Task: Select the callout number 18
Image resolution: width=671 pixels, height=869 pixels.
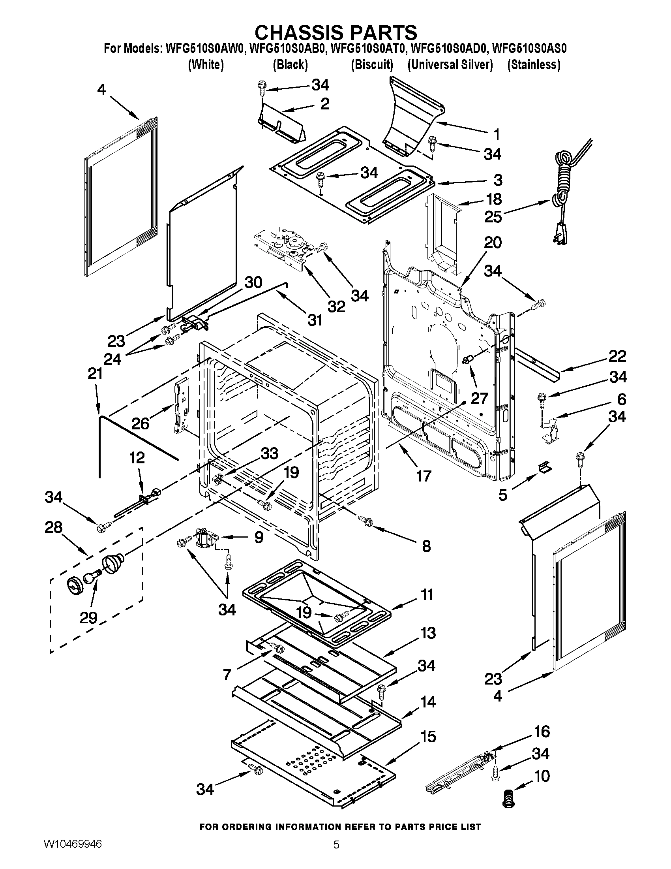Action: pyautogui.click(x=494, y=199)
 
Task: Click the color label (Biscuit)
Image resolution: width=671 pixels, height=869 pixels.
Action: pyautogui.click(x=372, y=64)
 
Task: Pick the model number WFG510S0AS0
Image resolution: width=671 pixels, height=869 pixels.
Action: pyautogui.click(x=529, y=49)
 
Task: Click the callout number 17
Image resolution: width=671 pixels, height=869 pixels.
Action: pyautogui.click(x=424, y=476)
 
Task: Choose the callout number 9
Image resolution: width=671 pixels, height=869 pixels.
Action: pyautogui.click(x=259, y=538)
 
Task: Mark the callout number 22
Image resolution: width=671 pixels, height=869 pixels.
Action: pyautogui.click(x=617, y=356)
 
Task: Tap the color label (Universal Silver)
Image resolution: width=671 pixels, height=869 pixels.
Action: pyautogui.click(x=450, y=64)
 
